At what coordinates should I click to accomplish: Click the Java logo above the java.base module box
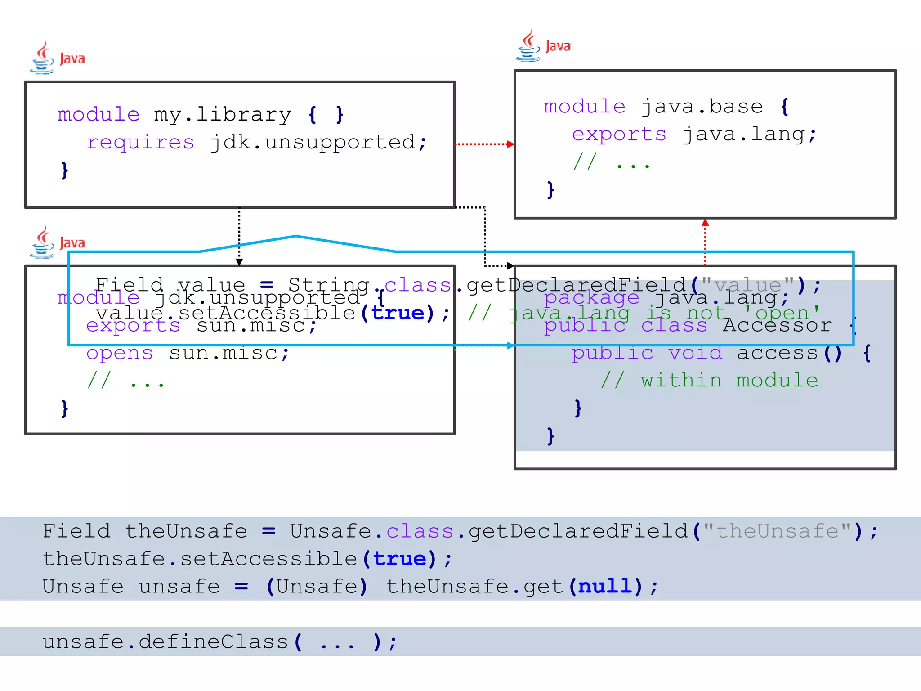542,46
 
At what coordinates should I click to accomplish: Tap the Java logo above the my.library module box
57,58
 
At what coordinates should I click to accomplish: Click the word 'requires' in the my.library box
140,143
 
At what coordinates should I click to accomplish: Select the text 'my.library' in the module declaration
223,115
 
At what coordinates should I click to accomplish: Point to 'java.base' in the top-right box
702,107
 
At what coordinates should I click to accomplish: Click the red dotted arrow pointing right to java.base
484,144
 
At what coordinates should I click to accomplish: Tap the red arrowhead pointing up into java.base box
705,223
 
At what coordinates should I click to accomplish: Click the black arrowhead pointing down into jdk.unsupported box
239,262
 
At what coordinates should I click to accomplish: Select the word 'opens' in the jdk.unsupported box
119,353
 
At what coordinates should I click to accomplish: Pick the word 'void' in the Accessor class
695,353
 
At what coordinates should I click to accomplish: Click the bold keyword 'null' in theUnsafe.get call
605,587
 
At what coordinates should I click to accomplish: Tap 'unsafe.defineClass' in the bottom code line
165,642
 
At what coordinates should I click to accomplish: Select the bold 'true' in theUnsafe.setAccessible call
399,559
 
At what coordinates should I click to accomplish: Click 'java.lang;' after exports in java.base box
749,135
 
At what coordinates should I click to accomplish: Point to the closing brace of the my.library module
65,171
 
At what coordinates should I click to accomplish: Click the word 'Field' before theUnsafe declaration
76,531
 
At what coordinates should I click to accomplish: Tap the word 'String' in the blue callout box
328,285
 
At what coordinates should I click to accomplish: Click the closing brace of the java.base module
550,190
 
